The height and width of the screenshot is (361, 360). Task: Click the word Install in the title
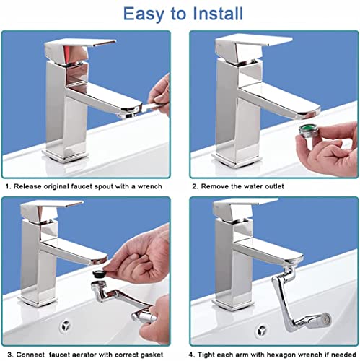click(218, 14)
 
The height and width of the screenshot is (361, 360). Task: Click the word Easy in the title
click(144, 14)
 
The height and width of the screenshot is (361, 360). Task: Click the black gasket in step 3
click(100, 274)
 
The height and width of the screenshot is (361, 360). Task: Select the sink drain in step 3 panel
click(66, 326)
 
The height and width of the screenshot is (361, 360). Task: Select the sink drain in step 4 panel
click(262, 331)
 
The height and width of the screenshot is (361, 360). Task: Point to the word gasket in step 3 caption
click(152, 355)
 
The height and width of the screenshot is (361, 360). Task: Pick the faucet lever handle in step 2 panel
click(254, 41)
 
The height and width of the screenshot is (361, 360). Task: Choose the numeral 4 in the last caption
click(191, 355)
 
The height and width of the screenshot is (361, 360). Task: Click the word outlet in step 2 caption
click(274, 186)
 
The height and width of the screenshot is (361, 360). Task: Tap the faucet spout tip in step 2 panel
click(309, 113)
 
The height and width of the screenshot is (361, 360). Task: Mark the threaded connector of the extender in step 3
click(98, 284)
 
